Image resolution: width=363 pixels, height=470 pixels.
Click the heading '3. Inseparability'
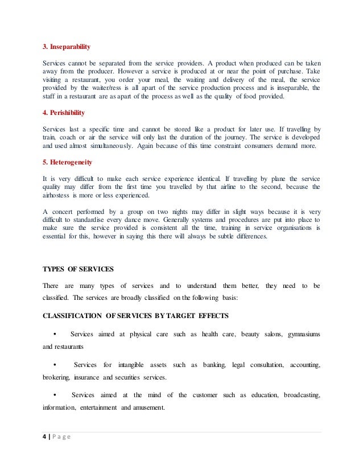coord(67,46)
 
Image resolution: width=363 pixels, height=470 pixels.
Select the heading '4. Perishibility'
coord(65,112)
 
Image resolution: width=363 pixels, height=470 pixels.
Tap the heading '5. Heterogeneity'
coord(67,162)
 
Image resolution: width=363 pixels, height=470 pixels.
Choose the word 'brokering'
coord(56,377)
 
